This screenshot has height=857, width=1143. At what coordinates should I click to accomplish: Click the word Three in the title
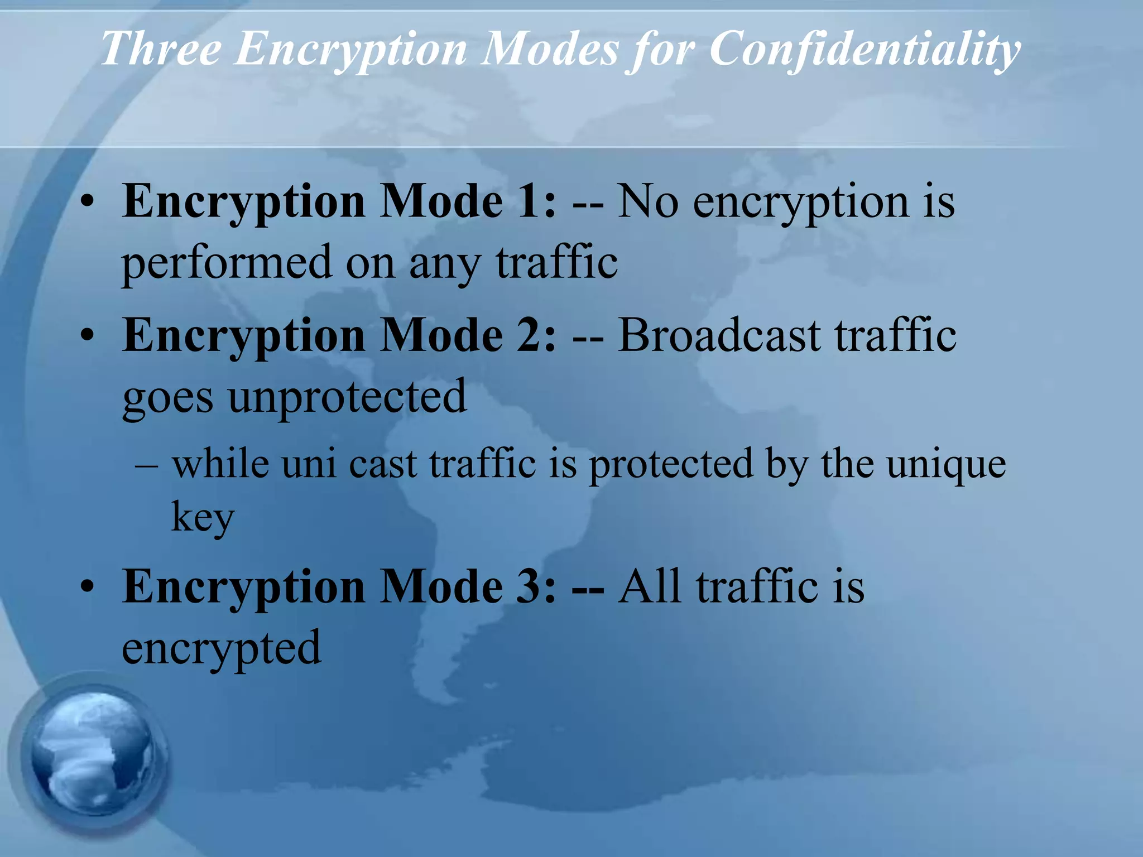click(x=161, y=49)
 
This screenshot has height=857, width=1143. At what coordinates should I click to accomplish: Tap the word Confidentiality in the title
click(x=865, y=49)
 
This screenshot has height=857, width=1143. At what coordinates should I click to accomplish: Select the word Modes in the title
click(x=550, y=49)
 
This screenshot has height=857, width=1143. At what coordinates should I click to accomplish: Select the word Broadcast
click(x=719, y=336)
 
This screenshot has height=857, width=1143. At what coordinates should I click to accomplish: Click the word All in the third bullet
click(x=650, y=586)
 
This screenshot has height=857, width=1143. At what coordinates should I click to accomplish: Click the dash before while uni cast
click(x=146, y=464)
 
